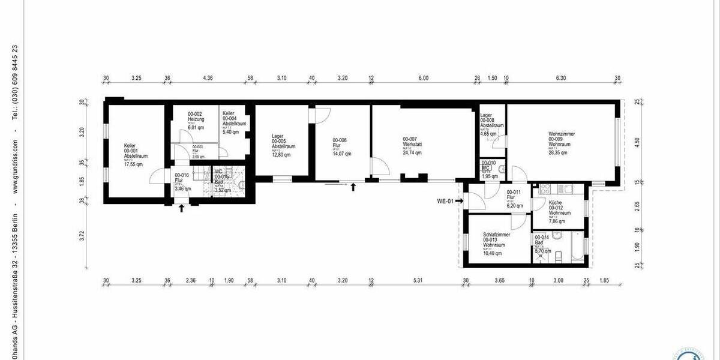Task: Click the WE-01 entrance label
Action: [445, 202]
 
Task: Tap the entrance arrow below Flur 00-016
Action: [182, 208]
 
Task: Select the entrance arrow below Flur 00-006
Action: [353, 187]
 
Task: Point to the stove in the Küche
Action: [545, 188]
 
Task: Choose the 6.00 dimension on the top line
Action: [424, 78]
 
